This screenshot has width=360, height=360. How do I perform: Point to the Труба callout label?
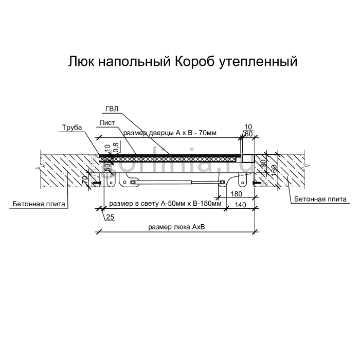click(x=72, y=128)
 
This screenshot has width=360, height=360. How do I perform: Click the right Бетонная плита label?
click(x=317, y=199)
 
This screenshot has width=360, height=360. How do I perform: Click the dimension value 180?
click(x=237, y=194)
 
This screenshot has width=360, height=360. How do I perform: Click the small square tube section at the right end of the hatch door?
click(x=247, y=157)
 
